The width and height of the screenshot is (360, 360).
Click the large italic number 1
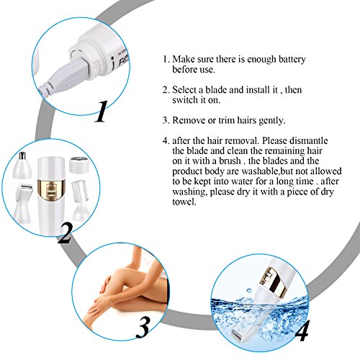click(x=102, y=112)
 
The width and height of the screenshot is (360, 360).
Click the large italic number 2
click(x=65, y=233)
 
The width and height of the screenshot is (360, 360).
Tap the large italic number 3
click(x=143, y=328)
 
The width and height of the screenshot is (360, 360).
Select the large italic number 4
click(x=302, y=331)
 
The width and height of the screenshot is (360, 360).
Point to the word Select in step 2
click(x=185, y=90)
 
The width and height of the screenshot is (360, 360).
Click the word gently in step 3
click(x=272, y=120)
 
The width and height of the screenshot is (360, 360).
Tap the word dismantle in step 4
click(x=309, y=140)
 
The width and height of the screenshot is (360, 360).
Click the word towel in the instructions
click(x=184, y=202)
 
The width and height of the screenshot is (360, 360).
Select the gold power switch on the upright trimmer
click(x=51, y=190)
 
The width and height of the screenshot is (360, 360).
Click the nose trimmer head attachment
click(x=22, y=165)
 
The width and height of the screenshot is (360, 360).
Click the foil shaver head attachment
click(x=24, y=204)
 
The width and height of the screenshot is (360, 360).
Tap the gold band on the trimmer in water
click(x=276, y=282)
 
